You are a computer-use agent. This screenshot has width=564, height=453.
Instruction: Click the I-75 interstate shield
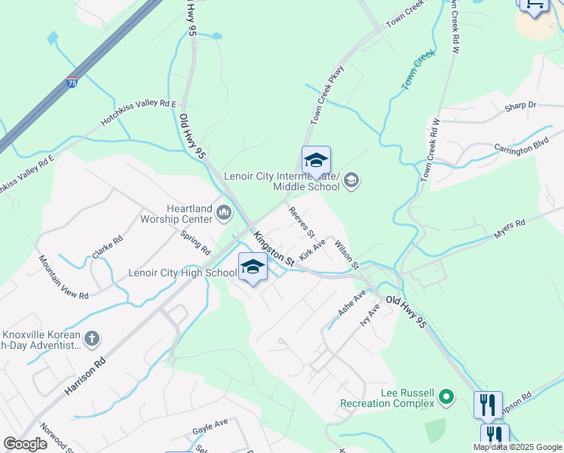[x=72, y=82]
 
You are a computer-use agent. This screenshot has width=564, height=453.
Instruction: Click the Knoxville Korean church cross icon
[x=92, y=337]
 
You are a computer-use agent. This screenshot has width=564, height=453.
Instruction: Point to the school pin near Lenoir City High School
[x=253, y=267]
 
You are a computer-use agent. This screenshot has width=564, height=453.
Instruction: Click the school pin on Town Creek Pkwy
[x=316, y=161]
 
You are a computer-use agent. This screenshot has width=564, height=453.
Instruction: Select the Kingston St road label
[x=274, y=248]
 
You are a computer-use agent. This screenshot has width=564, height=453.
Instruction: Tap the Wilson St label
[x=345, y=254]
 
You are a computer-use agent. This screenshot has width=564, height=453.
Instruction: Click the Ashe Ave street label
[x=351, y=303]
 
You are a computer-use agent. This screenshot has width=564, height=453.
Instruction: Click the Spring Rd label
[x=195, y=242]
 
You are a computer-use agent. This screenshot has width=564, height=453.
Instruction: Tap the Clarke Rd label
[x=107, y=247]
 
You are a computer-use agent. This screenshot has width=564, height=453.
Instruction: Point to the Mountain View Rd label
[x=64, y=276]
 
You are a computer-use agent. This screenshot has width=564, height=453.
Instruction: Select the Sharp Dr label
[x=521, y=106]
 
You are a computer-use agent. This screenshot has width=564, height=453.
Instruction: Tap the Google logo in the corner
[x=25, y=444]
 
